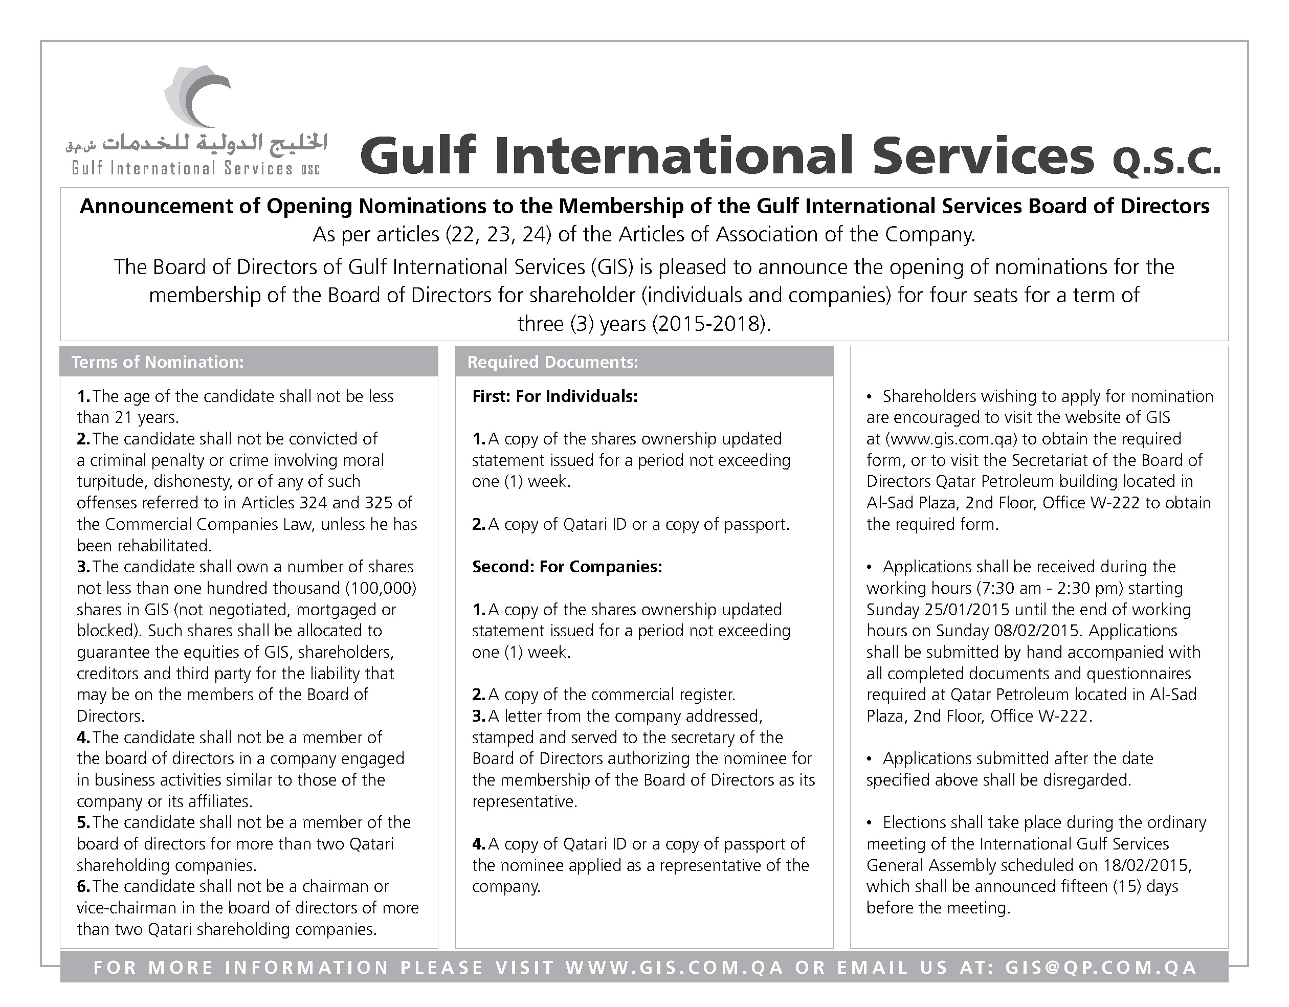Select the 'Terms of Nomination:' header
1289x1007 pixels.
pos(158,362)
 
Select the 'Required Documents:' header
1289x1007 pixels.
pos(552,362)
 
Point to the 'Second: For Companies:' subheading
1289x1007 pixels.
pos(567,567)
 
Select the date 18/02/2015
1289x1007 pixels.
pos(1146,865)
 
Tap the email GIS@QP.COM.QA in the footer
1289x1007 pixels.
pos(1101,968)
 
